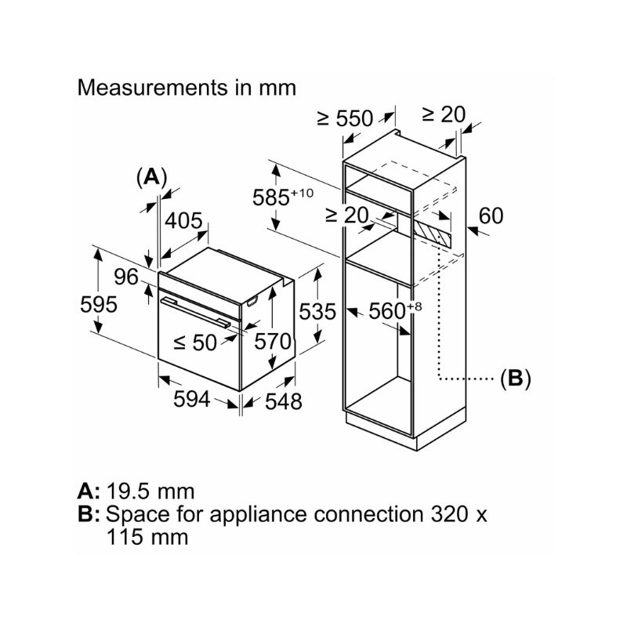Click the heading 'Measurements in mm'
(x=187, y=87)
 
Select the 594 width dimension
(x=191, y=399)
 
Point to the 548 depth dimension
(x=283, y=402)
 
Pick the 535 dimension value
(x=318, y=311)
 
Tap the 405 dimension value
(x=184, y=221)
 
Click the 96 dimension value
(x=125, y=277)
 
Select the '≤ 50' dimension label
(x=195, y=342)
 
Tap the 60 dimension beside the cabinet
(x=491, y=216)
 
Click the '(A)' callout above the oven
(x=151, y=177)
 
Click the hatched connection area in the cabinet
(x=432, y=230)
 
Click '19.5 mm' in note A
(x=150, y=491)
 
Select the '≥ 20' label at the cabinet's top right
(x=444, y=114)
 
